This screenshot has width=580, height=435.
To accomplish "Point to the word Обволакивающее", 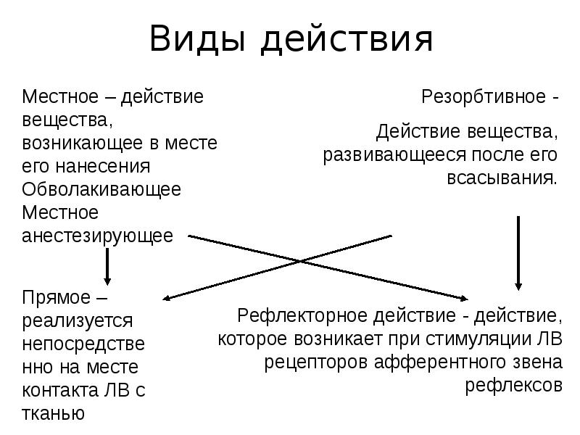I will click(101, 189).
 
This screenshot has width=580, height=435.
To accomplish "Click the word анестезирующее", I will click(98, 236).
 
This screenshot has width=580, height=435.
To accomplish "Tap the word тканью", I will click(54, 413).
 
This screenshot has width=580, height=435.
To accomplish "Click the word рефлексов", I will click(513, 385).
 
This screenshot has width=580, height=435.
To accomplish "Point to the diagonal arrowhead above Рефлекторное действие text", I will click(463, 297).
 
